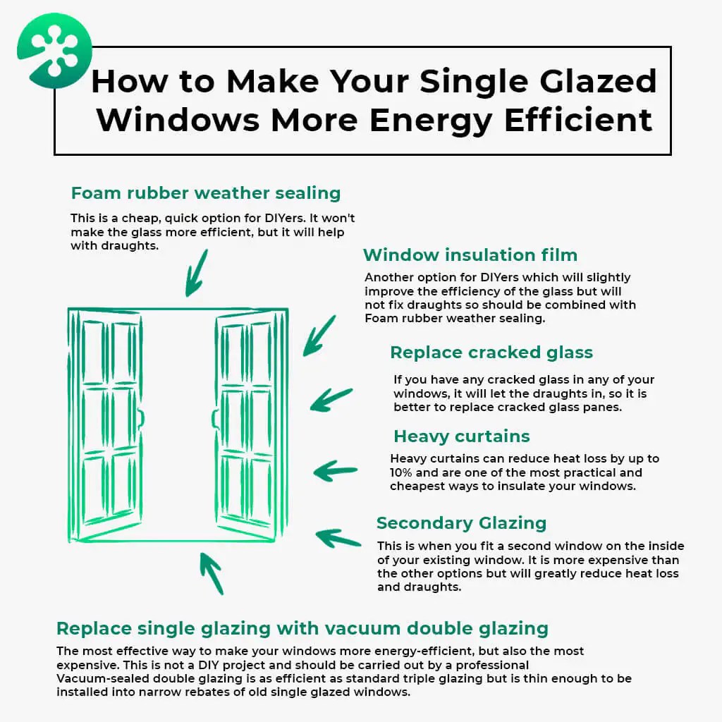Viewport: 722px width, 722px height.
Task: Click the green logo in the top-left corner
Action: point(54,51)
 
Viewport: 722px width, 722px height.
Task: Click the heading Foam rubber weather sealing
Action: point(206,193)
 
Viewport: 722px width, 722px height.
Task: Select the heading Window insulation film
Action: point(470,255)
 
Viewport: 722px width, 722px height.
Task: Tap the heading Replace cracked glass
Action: point(491,353)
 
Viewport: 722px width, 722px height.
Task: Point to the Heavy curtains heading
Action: point(461,436)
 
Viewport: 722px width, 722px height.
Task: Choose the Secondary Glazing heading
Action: point(461,523)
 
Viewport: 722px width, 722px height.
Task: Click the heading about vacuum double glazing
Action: point(302,628)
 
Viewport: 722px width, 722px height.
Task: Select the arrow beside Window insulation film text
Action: point(319,336)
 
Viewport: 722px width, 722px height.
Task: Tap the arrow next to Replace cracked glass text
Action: point(331,400)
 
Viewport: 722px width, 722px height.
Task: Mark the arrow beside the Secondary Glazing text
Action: point(338,539)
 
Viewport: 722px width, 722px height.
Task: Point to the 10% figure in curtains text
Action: point(401,472)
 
